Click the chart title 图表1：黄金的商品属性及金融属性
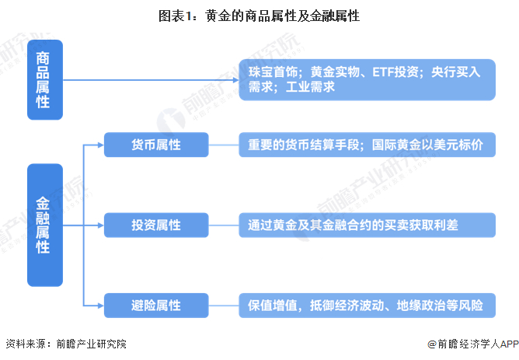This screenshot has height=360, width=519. [259, 15]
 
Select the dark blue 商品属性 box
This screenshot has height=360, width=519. [44, 79]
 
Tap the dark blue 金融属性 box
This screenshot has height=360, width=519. [44, 225]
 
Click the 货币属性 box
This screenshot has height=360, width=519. [156, 145]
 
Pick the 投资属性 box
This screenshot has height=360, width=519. [156, 225]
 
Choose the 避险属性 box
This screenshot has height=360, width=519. [156, 304]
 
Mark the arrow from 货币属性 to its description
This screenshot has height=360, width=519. [223, 145]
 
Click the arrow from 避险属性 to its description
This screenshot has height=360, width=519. [223, 304]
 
